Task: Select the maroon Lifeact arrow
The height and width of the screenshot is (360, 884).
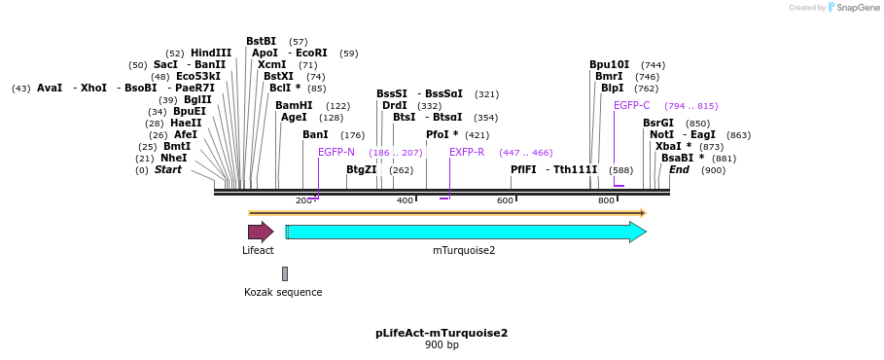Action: click(x=260, y=232)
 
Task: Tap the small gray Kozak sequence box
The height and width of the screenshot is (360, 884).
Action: click(x=284, y=273)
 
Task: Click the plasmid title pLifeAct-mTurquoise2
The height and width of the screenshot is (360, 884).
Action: click(x=442, y=333)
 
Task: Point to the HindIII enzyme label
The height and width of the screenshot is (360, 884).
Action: click(x=211, y=54)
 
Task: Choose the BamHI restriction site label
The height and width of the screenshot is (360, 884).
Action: click(x=294, y=106)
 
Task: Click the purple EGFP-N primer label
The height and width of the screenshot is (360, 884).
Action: click(x=336, y=153)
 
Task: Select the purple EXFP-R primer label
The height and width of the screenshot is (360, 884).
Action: click(x=467, y=153)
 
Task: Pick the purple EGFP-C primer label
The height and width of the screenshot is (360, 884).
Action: click(x=631, y=106)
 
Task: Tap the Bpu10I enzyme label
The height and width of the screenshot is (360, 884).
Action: click(x=609, y=65)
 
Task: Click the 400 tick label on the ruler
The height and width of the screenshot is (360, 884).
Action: click(x=405, y=200)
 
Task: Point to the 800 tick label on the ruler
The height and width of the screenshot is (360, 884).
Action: click(x=606, y=200)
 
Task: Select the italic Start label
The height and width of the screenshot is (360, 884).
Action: click(x=168, y=170)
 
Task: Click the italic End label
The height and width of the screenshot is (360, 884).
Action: click(x=679, y=170)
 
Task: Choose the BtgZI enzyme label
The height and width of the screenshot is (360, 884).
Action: click(x=362, y=170)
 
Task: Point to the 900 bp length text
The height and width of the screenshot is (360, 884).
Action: click(x=442, y=345)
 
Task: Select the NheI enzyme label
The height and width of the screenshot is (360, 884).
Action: click(x=174, y=159)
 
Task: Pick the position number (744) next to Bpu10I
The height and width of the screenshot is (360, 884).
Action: click(x=653, y=65)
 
